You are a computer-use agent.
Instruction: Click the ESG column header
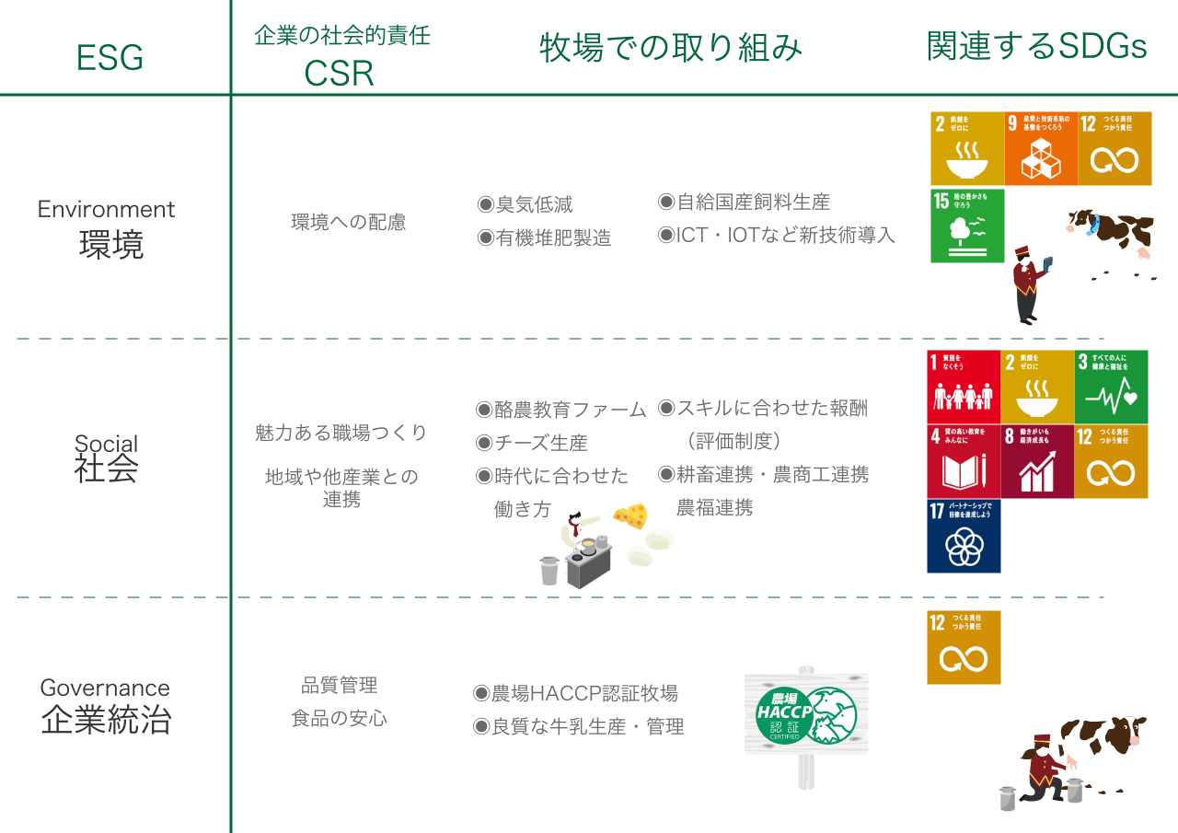[x=110, y=58]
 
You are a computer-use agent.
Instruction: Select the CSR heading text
[x=340, y=74]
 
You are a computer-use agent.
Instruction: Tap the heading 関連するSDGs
[x=1036, y=47]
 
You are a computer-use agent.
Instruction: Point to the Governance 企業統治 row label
[x=106, y=705]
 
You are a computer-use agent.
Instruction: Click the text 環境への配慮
[x=349, y=223]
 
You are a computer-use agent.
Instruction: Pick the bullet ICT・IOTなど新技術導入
[x=776, y=235]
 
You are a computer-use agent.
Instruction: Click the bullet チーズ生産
[x=531, y=443]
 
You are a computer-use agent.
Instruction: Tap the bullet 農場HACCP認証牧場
[x=575, y=693]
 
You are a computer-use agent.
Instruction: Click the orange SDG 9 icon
[x=1041, y=148]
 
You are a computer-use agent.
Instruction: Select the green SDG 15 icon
[x=967, y=226]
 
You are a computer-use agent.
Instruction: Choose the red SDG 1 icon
[x=964, y=387]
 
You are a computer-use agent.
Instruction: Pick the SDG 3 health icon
[x=1112, y=387]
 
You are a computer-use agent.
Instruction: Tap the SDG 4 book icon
[x=964, y=461]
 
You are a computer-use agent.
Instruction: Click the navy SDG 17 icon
[x=964, y=536]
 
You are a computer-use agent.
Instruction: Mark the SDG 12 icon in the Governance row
[x=964, y=647]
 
